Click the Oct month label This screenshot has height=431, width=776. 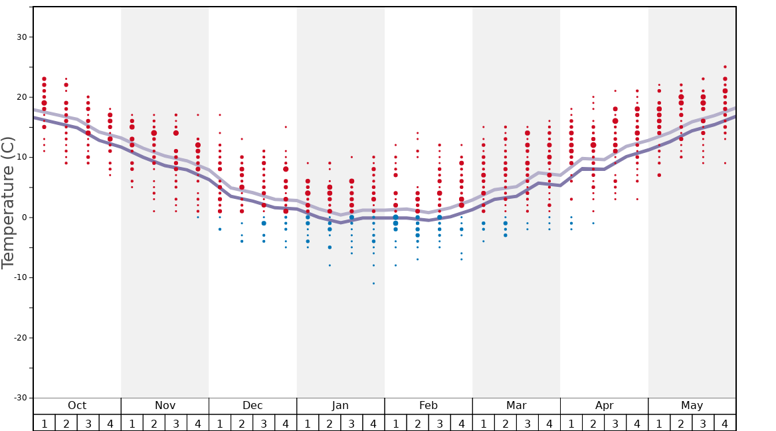[77, 406]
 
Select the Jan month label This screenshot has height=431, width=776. [340, 406]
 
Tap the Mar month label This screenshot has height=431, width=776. [516, 406]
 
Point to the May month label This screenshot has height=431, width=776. [692, 406]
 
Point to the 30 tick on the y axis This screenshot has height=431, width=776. [21, 37]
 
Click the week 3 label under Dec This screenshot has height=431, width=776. [264, 424]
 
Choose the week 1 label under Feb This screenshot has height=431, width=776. [395, 424]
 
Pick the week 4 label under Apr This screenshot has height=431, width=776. [637, 424]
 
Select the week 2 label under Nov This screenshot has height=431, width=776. [154, 424]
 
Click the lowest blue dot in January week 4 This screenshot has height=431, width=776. [373, 283]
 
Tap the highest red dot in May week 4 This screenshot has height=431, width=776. [725, 67]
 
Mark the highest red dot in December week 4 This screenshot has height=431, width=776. [286, 127]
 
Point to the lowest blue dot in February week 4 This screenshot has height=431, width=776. [461, 259]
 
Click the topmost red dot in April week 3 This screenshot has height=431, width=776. [615, 91]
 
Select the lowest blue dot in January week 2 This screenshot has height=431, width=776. [330, 265]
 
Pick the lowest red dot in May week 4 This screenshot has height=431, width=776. [725, 163]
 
